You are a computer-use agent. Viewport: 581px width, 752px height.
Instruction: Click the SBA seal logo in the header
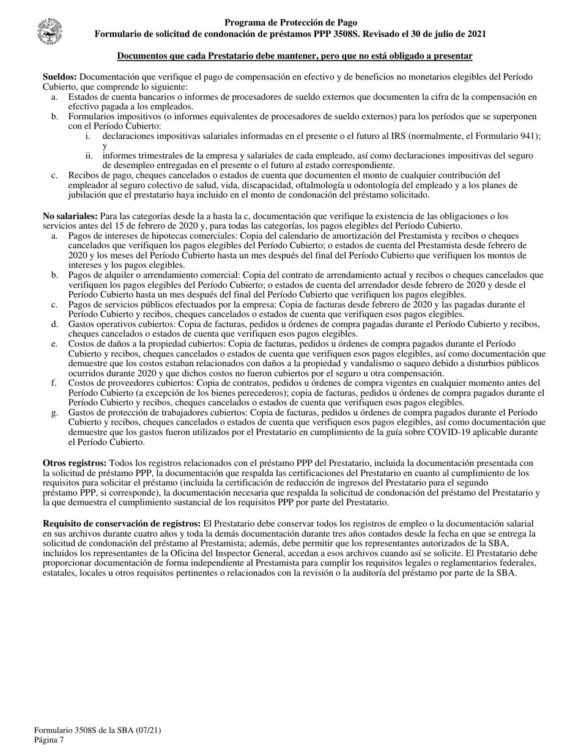click(x=50, y=29)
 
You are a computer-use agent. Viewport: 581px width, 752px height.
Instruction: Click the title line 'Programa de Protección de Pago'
click(x=290, y=23)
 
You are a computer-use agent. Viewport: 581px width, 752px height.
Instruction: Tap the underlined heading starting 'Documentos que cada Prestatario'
click(x=294, y=56)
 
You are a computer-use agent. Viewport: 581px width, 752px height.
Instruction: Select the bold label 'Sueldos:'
click(x=59, y=77)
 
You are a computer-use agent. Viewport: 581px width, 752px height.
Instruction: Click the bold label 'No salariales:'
click(x=70, y=216)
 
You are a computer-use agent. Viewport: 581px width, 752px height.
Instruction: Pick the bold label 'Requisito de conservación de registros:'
click(x=121, y=524)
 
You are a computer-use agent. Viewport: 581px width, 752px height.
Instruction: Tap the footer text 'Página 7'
click(x=49, y=740)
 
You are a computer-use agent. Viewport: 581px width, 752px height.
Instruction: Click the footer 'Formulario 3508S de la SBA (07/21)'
click(x=98, y=730)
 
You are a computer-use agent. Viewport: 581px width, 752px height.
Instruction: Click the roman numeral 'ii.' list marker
click(x=89, y=155)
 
